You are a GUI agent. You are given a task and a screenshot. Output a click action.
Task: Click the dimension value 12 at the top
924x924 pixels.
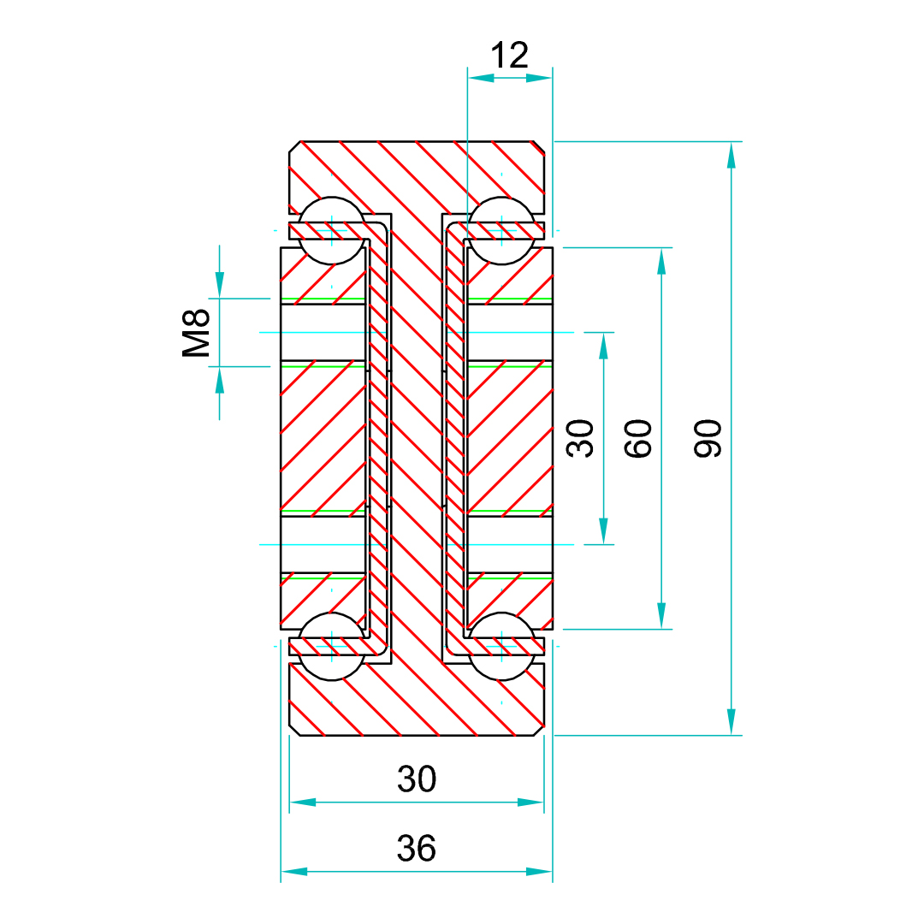(x=510, y=56)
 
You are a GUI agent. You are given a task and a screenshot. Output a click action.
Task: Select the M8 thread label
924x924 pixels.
(x=197, y=334)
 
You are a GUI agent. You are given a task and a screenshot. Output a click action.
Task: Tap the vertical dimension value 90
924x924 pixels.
(x=708, y=438)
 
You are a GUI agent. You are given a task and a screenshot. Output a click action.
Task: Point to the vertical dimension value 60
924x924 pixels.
(x=639, y=438)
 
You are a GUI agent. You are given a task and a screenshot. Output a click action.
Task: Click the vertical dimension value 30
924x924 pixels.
(x=582, y=438)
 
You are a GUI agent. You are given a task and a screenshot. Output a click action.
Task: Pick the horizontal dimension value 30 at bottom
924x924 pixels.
(x=417, y=779)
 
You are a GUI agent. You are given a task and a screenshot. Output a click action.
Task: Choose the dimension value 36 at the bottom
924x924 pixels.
(x=417, y=848)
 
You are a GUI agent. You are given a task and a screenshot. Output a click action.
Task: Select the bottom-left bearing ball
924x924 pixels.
(x=332, y=646)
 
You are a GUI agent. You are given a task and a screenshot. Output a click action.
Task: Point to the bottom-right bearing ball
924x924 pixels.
(x=501, y=646)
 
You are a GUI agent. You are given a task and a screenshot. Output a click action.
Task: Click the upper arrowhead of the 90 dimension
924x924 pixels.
(x=731, y=154)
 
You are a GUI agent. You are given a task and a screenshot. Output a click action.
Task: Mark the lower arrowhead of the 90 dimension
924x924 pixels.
(x=731, y=722)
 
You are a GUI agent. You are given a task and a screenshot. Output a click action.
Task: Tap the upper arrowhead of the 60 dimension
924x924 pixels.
(x=661, y=261)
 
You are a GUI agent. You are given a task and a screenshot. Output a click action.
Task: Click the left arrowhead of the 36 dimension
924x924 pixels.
(x=293, y=871)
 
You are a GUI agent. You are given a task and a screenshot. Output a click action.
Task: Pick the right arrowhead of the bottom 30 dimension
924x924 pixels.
(x=532, y=803)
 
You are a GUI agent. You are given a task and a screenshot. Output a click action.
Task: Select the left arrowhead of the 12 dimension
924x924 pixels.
(x=480, y=78)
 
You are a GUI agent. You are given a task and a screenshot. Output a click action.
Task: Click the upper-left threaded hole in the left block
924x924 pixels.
(x=323, y=332)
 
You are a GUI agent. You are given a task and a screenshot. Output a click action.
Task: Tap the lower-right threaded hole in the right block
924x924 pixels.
(x=509, y=544)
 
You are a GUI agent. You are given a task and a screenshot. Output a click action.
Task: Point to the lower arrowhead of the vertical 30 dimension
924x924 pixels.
(x=604, y=531)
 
